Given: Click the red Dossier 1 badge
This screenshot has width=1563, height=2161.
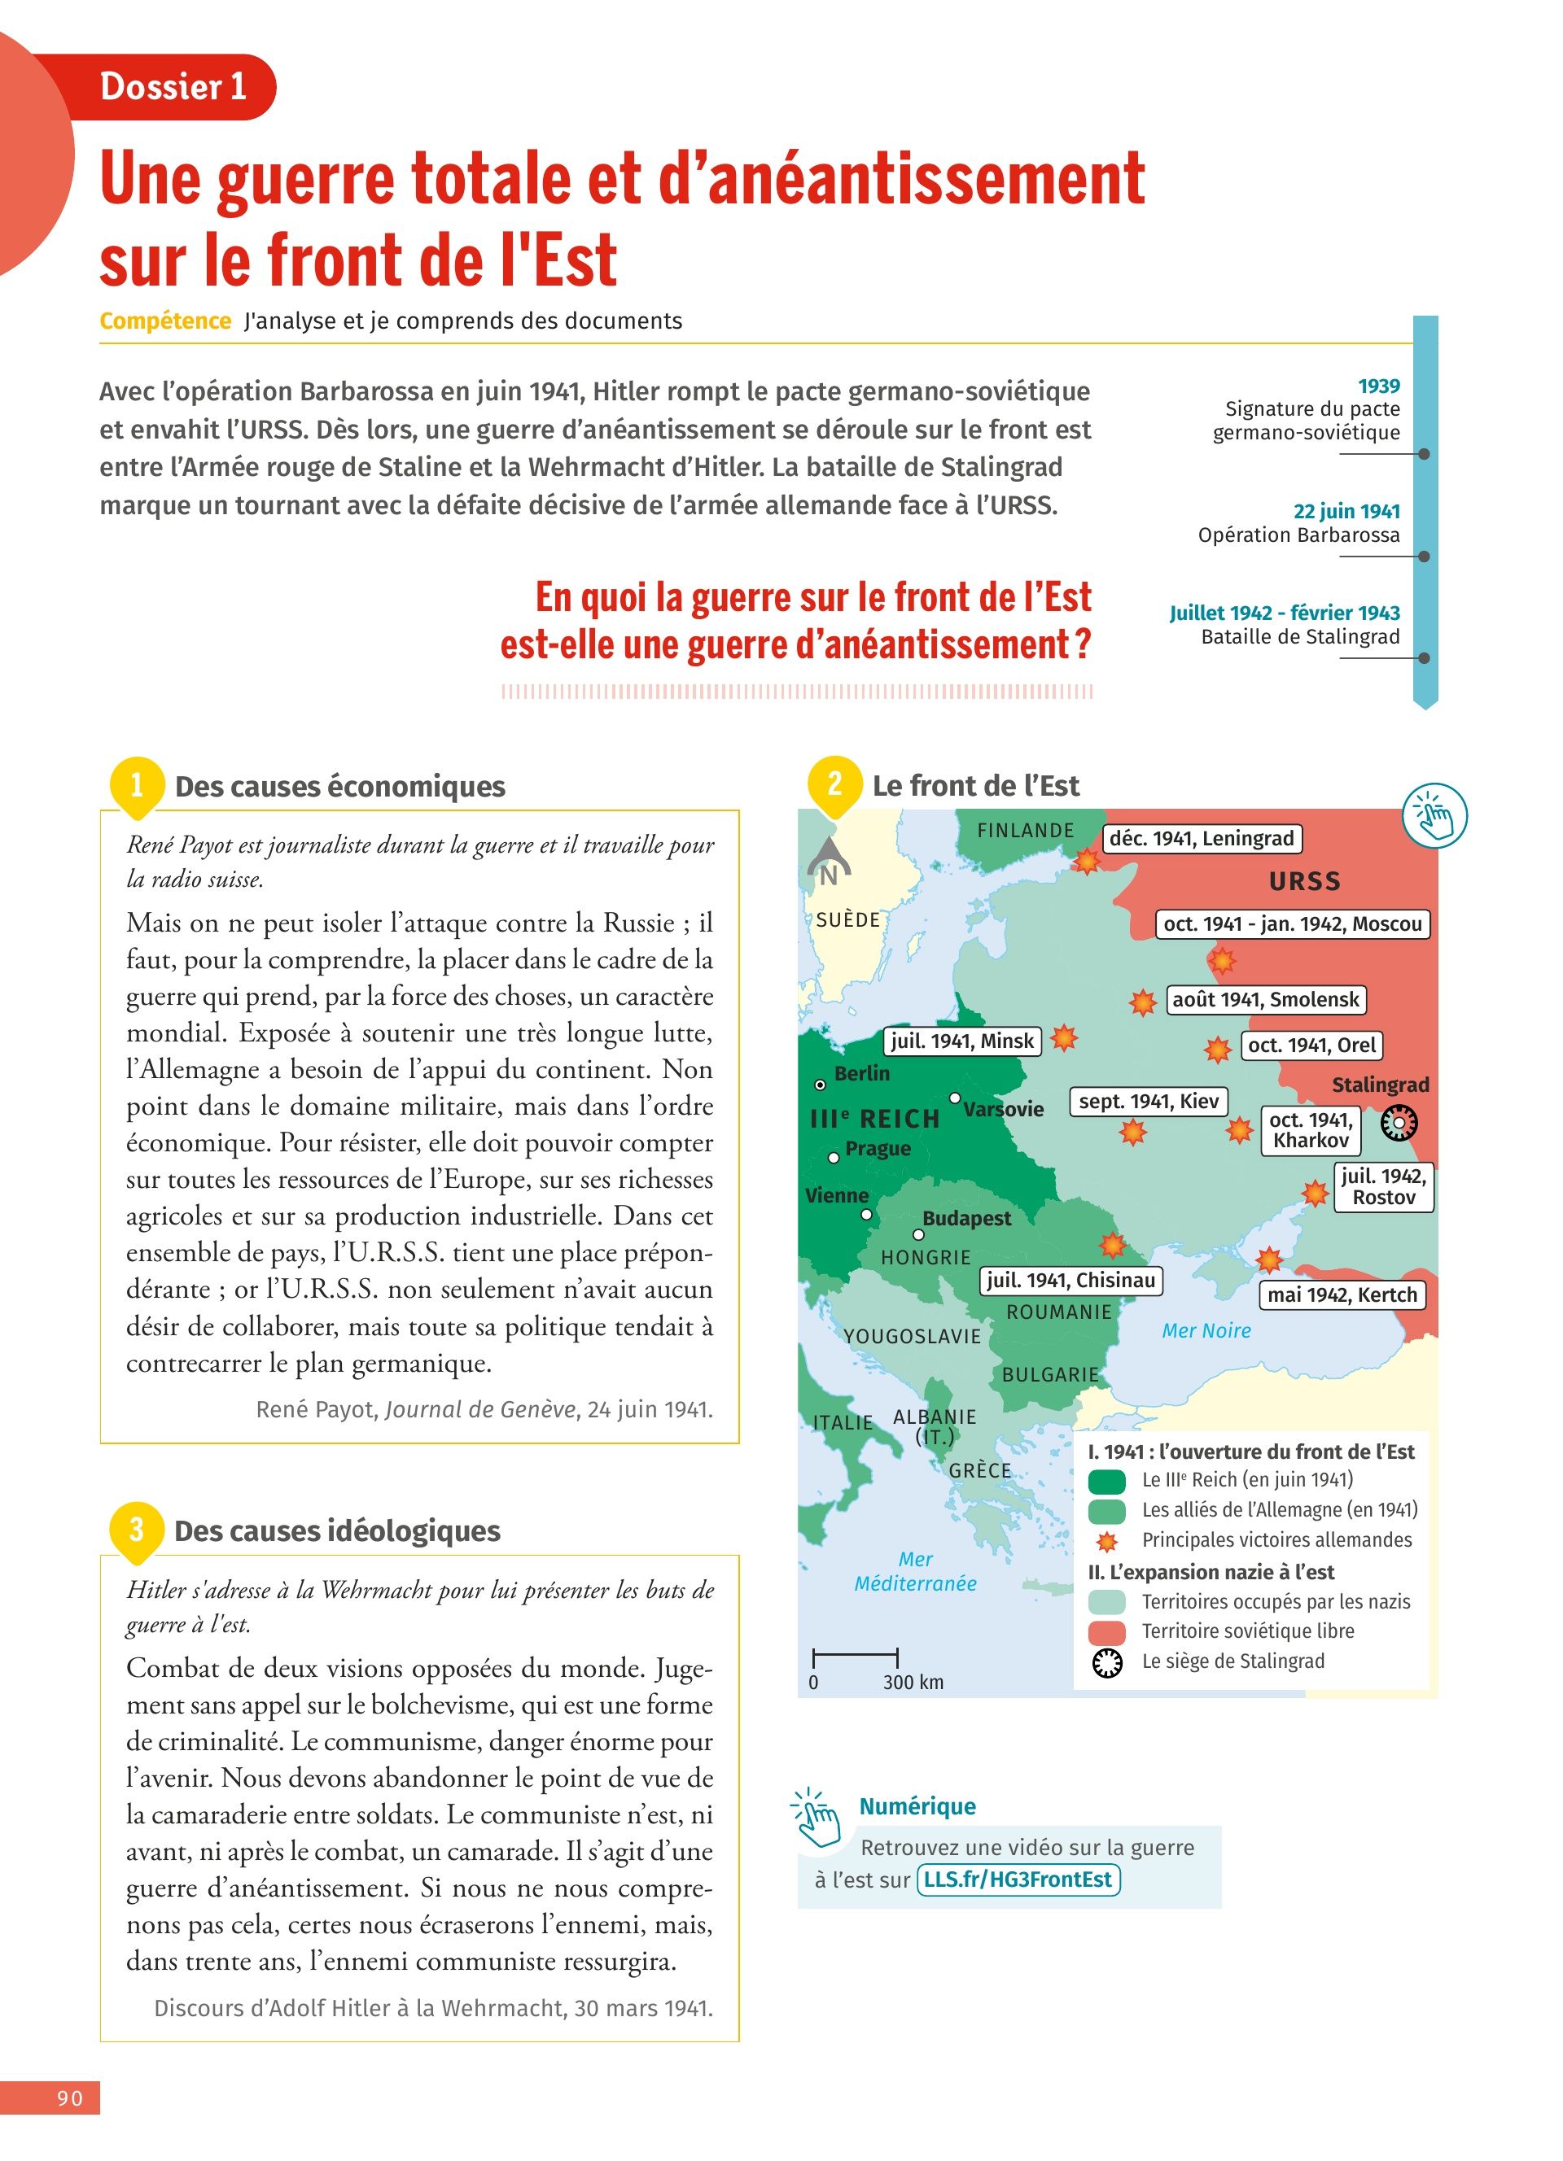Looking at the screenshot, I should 173,87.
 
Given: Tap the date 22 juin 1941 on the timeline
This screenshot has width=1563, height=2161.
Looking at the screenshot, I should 1346,511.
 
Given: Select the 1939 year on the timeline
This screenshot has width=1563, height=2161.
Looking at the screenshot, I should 1378,386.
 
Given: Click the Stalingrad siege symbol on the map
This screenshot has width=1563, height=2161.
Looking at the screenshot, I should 1398,1124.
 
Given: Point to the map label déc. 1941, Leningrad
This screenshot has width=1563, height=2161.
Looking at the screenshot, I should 1202,839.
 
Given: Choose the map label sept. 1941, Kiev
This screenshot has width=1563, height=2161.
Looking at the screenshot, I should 1149,1102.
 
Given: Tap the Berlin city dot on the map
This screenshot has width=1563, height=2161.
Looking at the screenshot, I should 820,1085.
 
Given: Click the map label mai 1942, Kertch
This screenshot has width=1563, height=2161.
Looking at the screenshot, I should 1342,1294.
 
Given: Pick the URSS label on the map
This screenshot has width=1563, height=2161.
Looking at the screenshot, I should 1304,881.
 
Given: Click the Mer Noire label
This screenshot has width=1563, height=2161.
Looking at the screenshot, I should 1206,1331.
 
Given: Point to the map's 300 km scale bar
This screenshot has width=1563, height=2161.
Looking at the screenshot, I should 855,1658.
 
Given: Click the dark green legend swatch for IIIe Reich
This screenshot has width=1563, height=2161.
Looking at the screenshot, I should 1106,1481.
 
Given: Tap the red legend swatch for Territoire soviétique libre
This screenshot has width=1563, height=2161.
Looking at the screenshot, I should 1106,1632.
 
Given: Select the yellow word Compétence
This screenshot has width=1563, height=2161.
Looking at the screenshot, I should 166,321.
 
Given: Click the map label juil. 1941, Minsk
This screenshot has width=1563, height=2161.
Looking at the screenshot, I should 961,1041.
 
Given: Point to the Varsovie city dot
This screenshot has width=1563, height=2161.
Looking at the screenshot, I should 955,1098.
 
